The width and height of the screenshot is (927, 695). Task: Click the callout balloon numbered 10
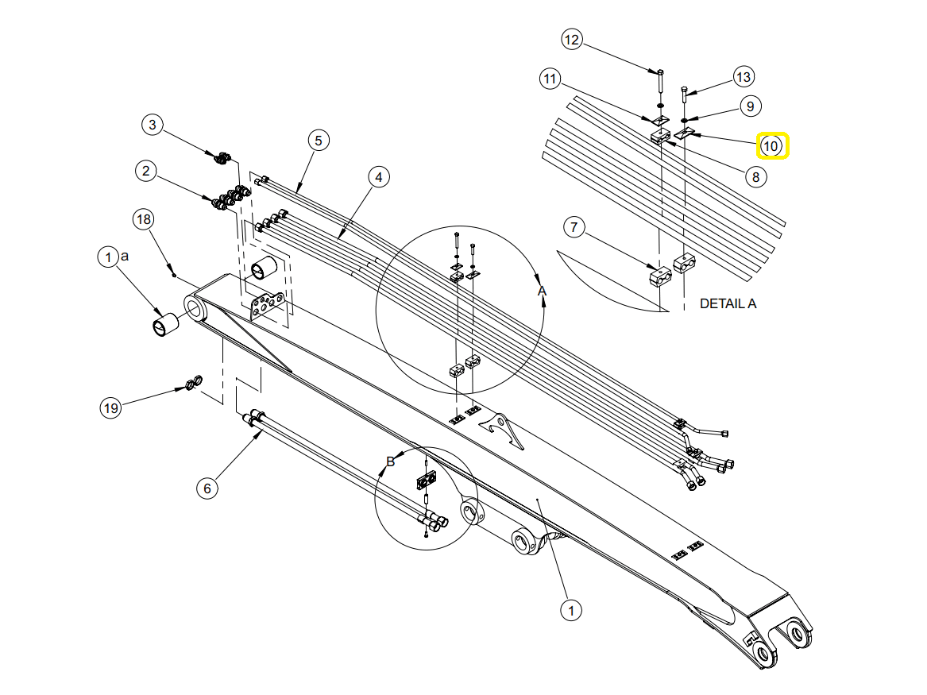pyautogui.click(x=771, y=146)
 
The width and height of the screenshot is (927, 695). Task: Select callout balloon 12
pyautogui.click(x=572, y=39)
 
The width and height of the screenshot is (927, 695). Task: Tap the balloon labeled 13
pyautogui.click(x=743, y=77)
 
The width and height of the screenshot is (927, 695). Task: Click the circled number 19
pyautogui.click(x=110, y=408)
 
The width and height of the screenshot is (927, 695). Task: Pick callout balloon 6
pyautogui.click(x=207, y=488)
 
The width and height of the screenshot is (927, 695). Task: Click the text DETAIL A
pyautogui.click(x=728, y=303)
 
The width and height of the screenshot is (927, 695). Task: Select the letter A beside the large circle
pyautogui.click(x=543, y=292)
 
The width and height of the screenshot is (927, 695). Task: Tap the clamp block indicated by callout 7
pyautogui.click(x=659, y=278)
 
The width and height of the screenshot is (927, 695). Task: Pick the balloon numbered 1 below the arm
pyautogui.click(x=570, y=610)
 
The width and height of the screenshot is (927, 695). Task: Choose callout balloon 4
pyautogui.click(x=379, y=178)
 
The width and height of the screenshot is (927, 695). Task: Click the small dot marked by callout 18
pyautogui.click(x=174, y=275)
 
